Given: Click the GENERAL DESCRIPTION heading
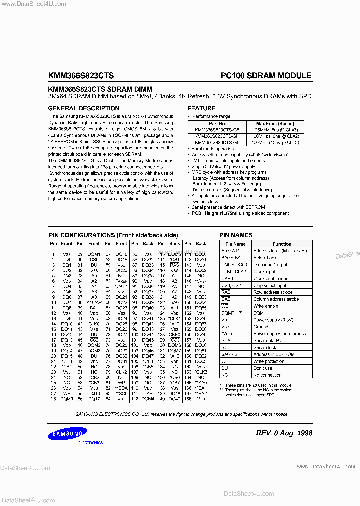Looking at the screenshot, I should point(77,108).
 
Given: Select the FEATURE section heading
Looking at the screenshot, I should point(201,108).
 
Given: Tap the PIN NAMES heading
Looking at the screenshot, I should point(236,235).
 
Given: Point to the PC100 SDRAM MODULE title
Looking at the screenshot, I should point(266,76).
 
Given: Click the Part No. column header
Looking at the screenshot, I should point(217,123).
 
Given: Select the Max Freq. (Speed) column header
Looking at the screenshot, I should point(275,123).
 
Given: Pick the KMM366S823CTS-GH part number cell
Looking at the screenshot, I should point(217,136).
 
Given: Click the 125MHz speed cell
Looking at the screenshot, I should point(275,129).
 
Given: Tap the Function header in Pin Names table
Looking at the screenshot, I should point(282,244).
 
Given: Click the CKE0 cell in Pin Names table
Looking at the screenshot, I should point(227,278).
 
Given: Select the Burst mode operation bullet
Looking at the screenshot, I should point(215,149).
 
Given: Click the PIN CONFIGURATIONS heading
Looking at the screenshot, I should point(113,235).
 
